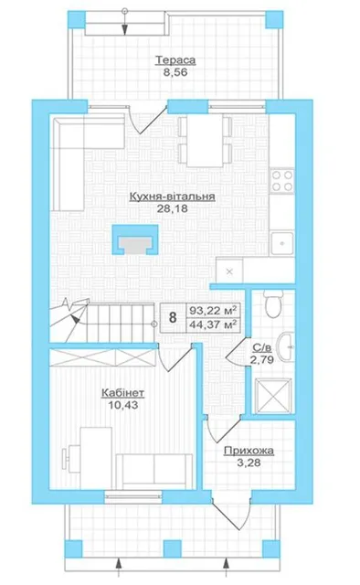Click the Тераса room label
pyautogui.click(x=175, y=59)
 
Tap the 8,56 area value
pyautogui.click(x=175, y=72)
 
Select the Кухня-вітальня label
pyautogui.click(x=172, y=197)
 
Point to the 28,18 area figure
pyautogui.click(x=172, y=208)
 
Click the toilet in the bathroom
pyautogui.click(x=273, y=304)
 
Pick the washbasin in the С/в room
pyautogui.click(x=287, y=346)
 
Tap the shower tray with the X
pyautogui.click(x=272, y=396)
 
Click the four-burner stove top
pyautogui.click(x=281, y=181)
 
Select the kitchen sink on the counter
pyautogui.click(x=282, y=243)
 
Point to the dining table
pyautogui.click(x=205, y=141)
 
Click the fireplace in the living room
pyautogui.click(x=135, y=239)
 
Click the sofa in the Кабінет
pyautogui.click(x=154, y=470)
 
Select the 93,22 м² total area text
pyautogui.click(x=213, y=311)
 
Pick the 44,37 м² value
pyautogui.click(x=213, y=324)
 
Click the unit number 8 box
pyautogui.click(x=173, y=317)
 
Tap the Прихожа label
pyautogui.click(x=249, y=451)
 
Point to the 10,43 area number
pyautogui.click(x=122, y=404)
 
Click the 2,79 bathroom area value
pyautogui.click(x=262, y=359)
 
